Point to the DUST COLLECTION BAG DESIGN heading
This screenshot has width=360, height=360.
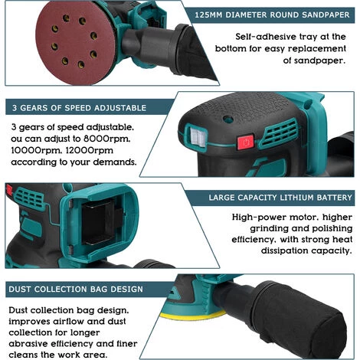[75, 290]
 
